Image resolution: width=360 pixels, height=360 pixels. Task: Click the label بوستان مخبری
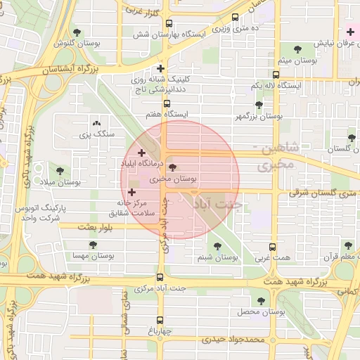point(173,180)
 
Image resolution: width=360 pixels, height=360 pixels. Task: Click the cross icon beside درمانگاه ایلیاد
point(142,153)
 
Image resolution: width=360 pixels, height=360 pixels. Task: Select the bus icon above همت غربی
point(274,247)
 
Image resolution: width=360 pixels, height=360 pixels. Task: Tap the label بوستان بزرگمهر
point(258,117)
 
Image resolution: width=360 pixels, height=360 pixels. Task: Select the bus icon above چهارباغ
point(160,318)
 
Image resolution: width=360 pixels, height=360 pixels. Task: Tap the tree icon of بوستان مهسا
point(94,245)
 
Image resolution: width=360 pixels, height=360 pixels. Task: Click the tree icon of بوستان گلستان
point(352,137)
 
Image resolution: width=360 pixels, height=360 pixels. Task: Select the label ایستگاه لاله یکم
point(276,85)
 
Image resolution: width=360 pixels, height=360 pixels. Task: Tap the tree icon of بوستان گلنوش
point(77,32)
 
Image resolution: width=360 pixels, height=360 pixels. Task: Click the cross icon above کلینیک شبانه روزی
point(161,69)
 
